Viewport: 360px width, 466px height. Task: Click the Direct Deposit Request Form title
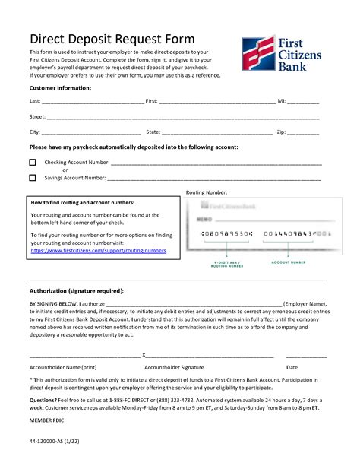click(x=111, y=39)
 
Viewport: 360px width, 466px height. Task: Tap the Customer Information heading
click(x=60, y=88)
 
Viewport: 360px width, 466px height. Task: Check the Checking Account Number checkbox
click(x=33, y=163)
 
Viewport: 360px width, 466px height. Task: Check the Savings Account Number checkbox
click(x=33, y=178)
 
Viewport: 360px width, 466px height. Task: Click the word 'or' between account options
click(x=65, y=170)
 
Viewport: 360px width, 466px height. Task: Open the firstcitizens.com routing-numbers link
click(x=98, y=250)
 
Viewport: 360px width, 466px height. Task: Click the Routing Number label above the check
click(x=206, y=193)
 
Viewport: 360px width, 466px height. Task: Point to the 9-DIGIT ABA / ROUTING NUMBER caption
click(x=226, y=264)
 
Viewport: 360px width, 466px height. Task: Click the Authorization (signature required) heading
click(x=76, y=291)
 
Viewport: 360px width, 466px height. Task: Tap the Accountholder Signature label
click(x=175, y=367)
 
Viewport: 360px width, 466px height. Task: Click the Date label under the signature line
click(x=292, y=367)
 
